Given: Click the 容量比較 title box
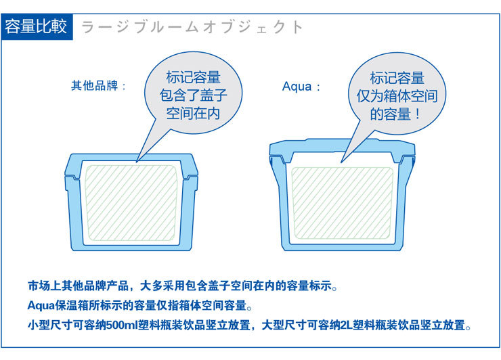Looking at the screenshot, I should [x=37, y=27].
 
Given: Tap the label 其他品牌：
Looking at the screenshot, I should [x=99, y=87].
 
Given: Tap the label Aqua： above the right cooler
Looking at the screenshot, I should [x=301, y=87].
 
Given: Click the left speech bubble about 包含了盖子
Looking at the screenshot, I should [x=194, y=96].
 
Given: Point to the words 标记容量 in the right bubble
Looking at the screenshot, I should [x=397, y=78].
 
